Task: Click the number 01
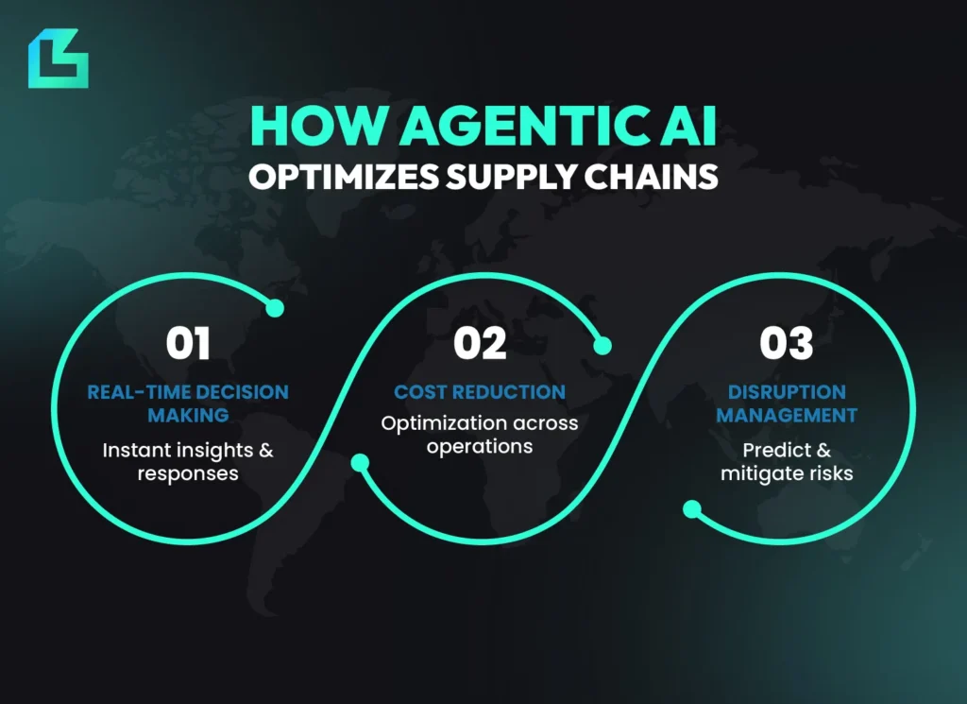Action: (188, 344)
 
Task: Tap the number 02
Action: (480, 344)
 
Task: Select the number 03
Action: (786, 344)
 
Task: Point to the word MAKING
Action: (188, 415)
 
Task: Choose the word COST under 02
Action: (420, 392)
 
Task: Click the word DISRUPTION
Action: (786, 392)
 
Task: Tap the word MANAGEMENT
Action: (786, 415)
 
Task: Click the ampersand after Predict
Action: (823, 450)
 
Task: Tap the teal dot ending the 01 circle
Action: (275, 308)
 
